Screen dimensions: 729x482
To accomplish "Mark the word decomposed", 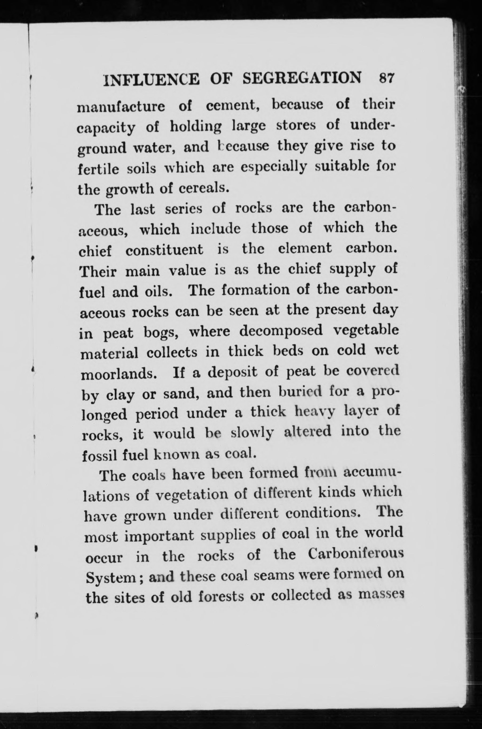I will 281,331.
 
